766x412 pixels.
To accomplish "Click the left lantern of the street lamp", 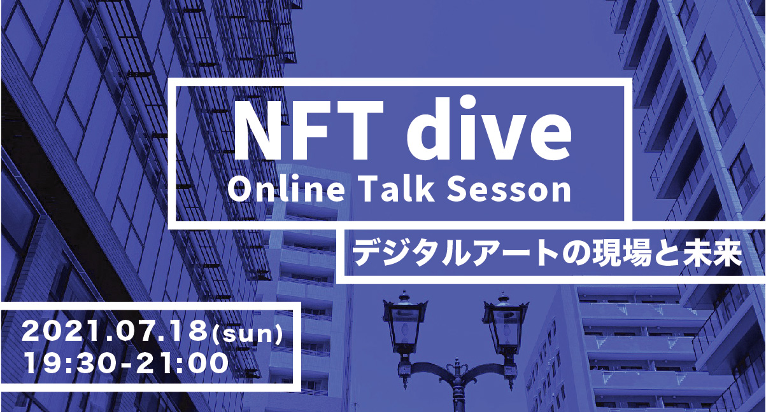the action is [406, 327].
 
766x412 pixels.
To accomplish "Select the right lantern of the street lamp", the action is [505, 327].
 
